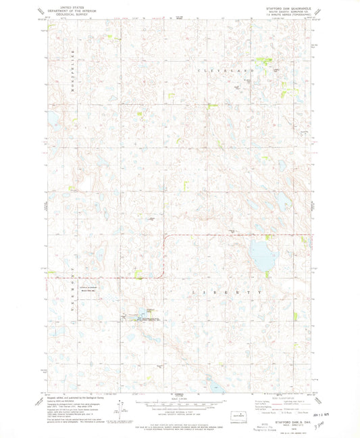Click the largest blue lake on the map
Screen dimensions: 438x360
[259, 254]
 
